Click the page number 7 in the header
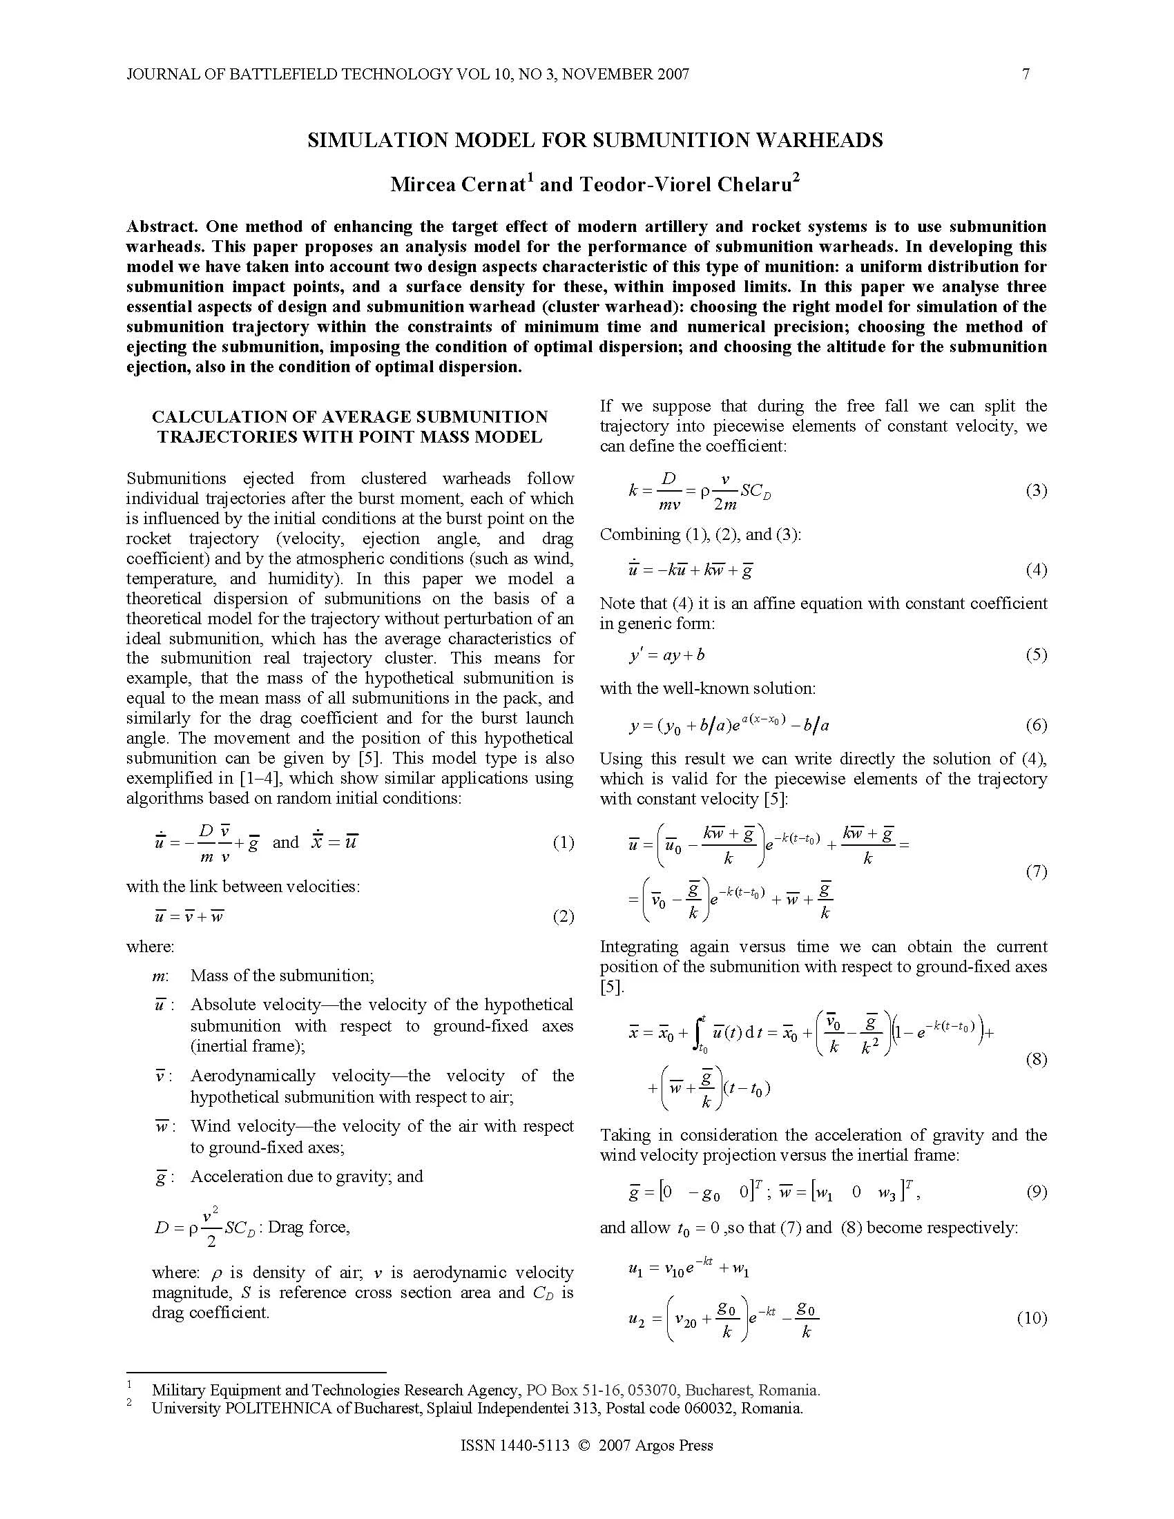[1025, 74]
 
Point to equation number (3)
[1036, 490]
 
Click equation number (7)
[1036, 871]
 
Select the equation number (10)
[1032, 1318]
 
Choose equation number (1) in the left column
[563, 843]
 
